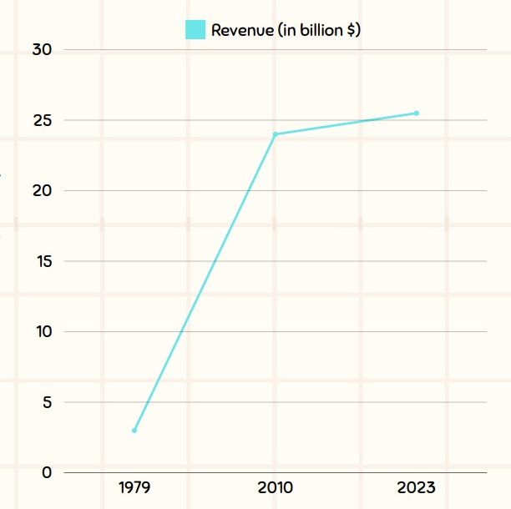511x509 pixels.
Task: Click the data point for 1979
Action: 134,431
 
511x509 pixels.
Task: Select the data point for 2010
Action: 276,134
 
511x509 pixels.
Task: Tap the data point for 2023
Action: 417,113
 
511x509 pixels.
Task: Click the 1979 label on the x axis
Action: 134,487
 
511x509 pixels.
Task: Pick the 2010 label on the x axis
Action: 276,487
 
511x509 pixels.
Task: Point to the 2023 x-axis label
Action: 417,487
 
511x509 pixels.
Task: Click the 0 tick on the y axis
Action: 47,473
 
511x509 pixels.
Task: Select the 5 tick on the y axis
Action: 47,402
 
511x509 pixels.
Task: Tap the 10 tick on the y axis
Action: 43,332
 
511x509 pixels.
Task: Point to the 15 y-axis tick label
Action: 43,261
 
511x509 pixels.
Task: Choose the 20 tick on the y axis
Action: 43,191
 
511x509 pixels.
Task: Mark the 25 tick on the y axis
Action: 43,120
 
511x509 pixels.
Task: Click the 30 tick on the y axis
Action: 43,50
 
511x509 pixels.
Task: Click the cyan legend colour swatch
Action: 195,30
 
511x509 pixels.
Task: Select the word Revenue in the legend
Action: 242,30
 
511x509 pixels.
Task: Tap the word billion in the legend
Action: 316,30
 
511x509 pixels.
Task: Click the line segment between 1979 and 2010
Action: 205,283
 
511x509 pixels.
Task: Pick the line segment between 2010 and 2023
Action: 346,123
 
